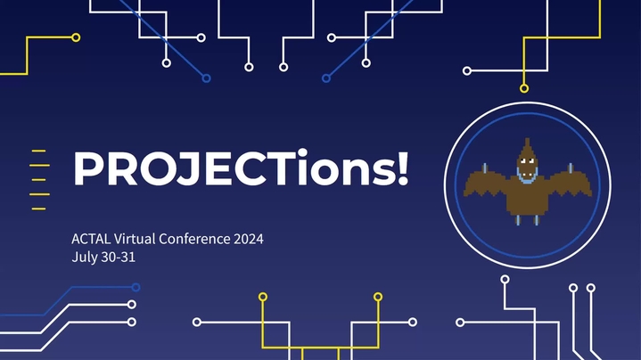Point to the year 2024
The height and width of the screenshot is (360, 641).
click(x=249, y=239)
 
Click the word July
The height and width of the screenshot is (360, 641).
click(x=85, y=258)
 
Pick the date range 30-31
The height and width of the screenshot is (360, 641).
click(x=119, y=258)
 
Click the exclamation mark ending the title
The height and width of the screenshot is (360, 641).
click(x=402, y=168)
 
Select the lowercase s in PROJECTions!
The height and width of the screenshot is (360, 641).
click(x=382, y=173)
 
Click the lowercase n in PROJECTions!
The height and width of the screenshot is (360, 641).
click(x=354, y=173)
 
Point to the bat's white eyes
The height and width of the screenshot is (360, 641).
click(x=528, y=161)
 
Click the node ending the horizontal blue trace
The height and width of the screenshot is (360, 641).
click(x=136, y=287)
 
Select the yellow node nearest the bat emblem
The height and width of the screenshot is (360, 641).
click(x=524, y=88)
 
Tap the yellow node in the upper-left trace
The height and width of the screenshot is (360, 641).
click(x=76, y=37)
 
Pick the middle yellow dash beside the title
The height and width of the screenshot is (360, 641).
click(x=39, y=180)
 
